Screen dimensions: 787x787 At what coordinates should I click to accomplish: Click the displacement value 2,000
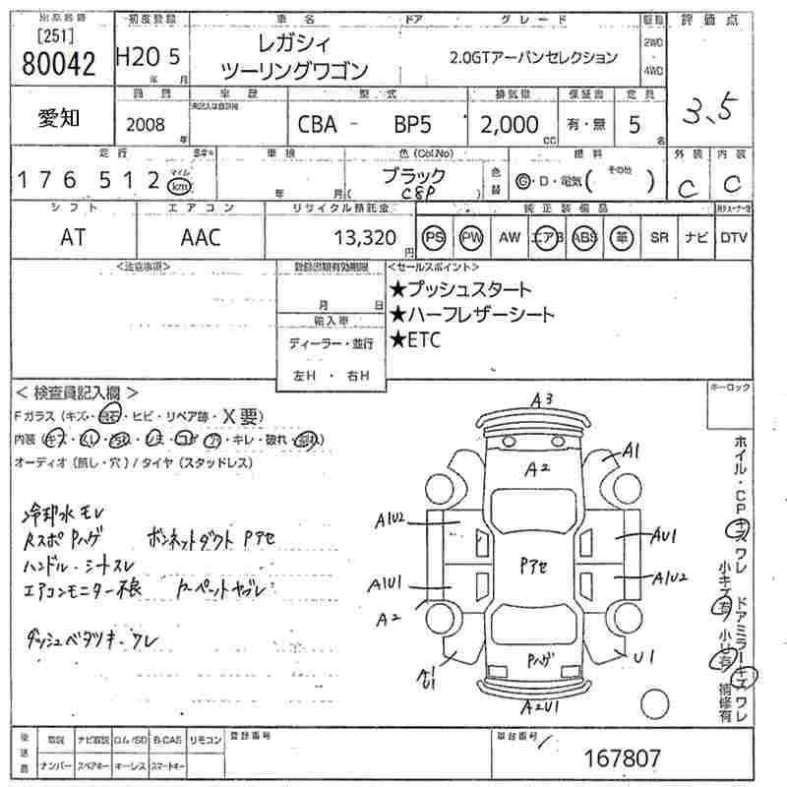(509, 125)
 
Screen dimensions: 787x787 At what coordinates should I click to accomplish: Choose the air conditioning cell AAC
(201, 237)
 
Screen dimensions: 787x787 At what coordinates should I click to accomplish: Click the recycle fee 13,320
(365, 237)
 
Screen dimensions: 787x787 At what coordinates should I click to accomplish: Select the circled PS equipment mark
(433, 237)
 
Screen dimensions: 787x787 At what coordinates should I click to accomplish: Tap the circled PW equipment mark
(471, 237)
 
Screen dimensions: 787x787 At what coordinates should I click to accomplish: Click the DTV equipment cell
(734, 237)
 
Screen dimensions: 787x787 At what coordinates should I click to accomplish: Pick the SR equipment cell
(658, 237)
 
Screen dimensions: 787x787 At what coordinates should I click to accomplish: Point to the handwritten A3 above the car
(542, 399)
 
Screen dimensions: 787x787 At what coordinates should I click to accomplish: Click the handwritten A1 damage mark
(631, 451)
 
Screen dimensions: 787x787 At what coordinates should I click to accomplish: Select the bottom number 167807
(623, 758)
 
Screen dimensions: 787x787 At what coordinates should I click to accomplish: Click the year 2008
(147, 125)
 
